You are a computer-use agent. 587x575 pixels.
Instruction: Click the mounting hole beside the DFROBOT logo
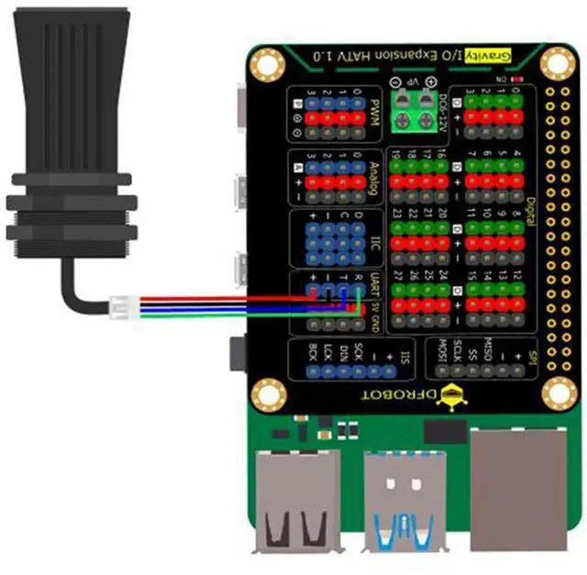click(558, 394)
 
